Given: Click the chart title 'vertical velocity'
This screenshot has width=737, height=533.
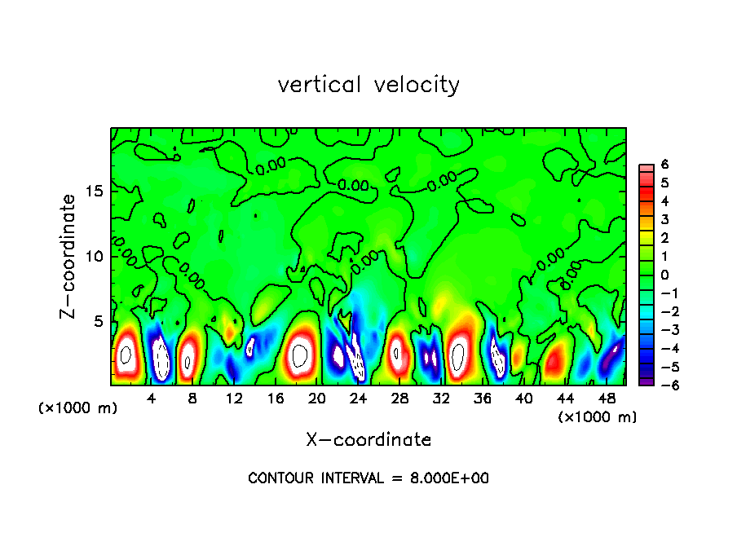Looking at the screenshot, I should tap(368, 85).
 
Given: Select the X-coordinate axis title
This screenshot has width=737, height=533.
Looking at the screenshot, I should tap(368, 440).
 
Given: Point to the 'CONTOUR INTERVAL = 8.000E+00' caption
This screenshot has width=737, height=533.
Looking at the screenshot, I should tap(368, 478).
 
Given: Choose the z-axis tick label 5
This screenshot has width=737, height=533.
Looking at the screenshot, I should tap(99, 321).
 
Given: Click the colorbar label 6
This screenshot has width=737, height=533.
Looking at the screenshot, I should tap(664, 165).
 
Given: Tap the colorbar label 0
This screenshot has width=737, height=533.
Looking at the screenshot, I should tap(664, 275).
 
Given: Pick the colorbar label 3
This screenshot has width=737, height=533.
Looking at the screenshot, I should tap(664, 219).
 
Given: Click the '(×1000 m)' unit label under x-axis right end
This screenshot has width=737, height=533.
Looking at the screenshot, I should tap(597, 417).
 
